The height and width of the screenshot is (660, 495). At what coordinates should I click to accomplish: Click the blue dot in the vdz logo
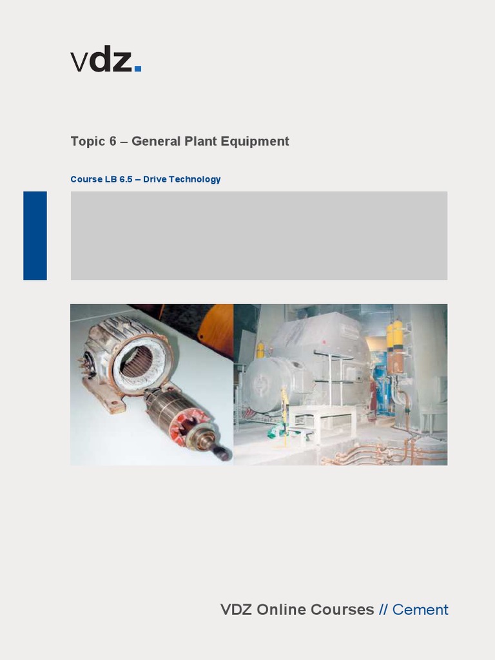(138, 68)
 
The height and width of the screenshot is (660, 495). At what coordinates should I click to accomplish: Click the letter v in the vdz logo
(79, 63)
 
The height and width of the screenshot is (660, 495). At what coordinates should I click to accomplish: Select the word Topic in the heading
(88, 142)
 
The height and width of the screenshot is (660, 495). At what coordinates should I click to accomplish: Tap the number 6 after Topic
(113, 141)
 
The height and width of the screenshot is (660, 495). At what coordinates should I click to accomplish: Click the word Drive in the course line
(155, 179)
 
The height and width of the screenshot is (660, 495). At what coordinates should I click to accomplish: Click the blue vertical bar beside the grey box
(35, 235)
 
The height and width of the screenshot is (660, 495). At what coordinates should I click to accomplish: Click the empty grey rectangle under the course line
(258, 235)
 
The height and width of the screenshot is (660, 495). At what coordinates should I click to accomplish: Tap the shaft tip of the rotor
(222, 454)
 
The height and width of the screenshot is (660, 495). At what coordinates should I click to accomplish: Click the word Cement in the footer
(420, 610)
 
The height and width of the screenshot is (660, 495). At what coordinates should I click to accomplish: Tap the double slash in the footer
(383, 610)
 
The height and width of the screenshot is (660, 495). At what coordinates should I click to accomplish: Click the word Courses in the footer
(344, 610)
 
